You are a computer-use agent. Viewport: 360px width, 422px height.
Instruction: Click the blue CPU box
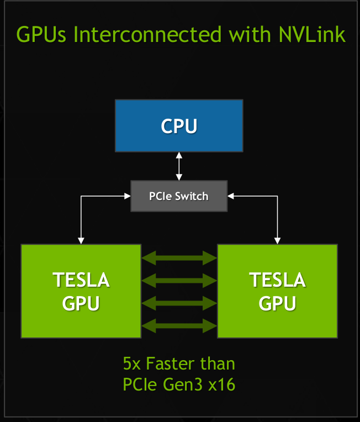(x=178, y=125)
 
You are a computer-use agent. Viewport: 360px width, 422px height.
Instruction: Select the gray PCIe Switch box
(x=179, y=196)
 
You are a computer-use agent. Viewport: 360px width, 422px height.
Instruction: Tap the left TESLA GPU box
(x=81, y=291)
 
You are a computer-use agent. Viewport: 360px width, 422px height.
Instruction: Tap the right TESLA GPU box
(x=277, y=291)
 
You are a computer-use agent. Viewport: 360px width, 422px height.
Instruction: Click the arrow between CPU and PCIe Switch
(x=179, y=166)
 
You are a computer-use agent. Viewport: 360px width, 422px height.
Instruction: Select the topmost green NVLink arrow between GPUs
(x=179, y=257)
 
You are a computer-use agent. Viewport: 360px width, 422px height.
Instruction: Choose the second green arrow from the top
(x=179, y=279)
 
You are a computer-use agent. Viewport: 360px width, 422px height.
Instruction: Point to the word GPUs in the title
(x=42, y=34)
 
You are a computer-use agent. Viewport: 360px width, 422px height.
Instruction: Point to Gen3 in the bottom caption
(x=183, y=384)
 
